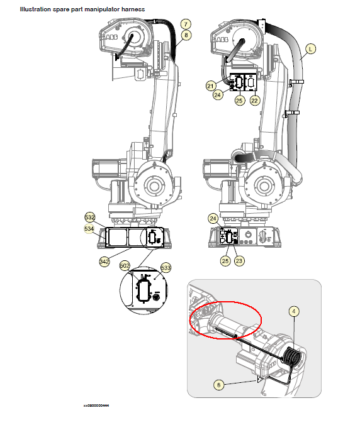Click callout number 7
coord(186,24)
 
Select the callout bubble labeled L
coord(311,49)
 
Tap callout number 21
coord(210,86)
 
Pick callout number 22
coord(254,101)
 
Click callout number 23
coord(239,261)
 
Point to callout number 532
coord(90,218)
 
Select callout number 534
coord(89,229)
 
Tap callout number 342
coord(104,262)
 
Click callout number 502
coord(125,266)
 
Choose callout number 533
coord(166,268)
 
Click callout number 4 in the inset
coord(294,311)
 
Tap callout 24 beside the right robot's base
coord(213,219)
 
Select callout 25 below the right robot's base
coord(225,261)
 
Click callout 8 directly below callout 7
coord(186,35)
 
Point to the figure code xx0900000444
coord(96,406)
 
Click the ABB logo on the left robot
coord(111,37)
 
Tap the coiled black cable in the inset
coord(292,356)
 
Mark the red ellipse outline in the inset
coord(225,302)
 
